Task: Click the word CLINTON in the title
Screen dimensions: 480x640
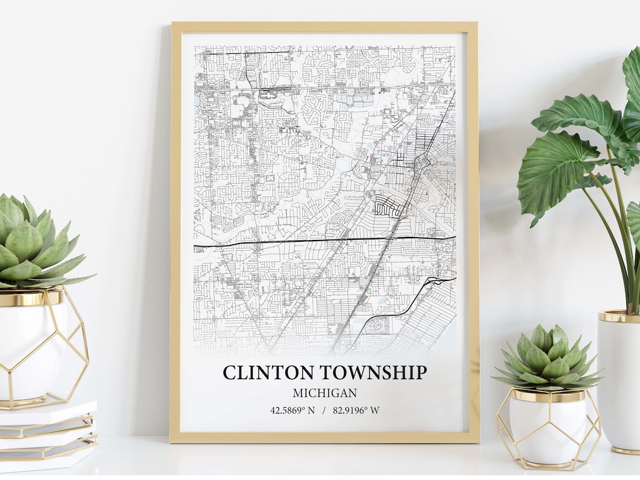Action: pos(270,373)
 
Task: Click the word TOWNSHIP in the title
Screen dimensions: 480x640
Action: pos(374,373)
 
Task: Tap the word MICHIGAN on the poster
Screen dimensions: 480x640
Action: pos(324,393)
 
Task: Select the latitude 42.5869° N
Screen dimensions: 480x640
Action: pos(293,410)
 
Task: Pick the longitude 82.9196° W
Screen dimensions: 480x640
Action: pos(356,410)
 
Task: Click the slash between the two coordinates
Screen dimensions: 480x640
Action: pos(324,410)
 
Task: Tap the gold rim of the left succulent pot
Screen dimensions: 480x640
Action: pos(30,298)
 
